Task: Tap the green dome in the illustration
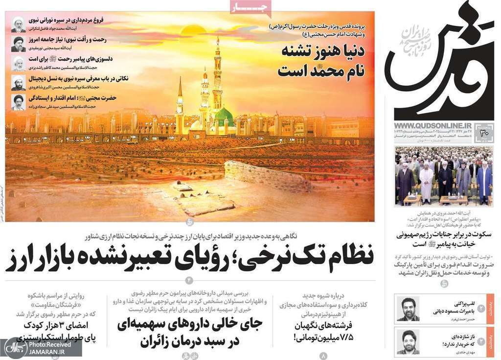coord(224,116)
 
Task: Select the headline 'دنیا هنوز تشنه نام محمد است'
coord(320,61)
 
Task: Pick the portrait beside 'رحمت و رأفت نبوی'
coord(18,44)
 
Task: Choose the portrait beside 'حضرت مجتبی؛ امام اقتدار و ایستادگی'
coord(18,102)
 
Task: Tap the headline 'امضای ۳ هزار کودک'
coord(59,325)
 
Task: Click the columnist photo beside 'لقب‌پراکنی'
coord(408,308)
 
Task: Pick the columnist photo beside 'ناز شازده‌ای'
coord(408,341)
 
